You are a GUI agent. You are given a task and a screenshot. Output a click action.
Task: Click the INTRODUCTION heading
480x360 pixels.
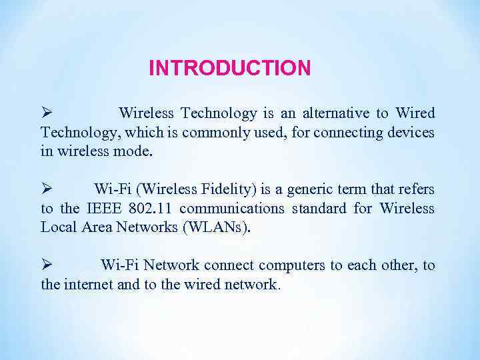point(229,68)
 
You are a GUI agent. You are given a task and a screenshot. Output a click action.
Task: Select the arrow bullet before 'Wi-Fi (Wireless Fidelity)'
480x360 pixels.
point(46,190)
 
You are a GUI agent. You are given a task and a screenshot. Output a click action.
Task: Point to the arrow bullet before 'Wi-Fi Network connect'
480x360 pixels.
point(46,266)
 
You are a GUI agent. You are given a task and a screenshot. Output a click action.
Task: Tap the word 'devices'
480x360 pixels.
point(411,133)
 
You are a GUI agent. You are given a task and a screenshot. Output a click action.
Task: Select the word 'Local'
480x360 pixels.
point(59,227)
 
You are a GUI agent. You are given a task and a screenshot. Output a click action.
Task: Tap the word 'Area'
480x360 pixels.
point(98,227)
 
